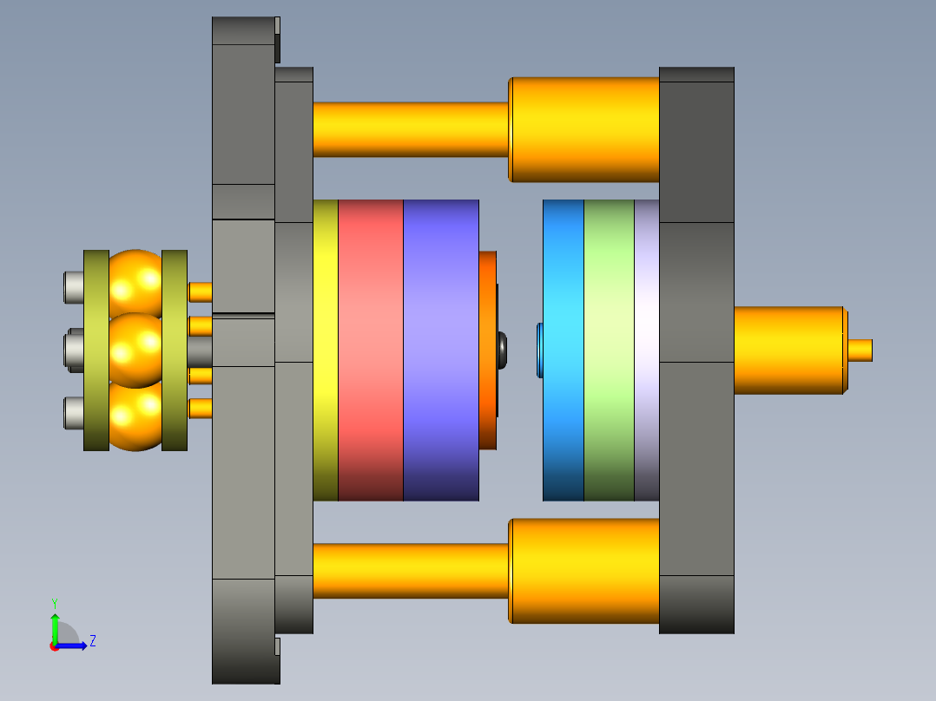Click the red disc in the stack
tap(371, 350)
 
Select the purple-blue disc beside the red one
tap(441, 350)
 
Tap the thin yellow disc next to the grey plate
tap(326, 350)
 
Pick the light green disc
tap(609, 350)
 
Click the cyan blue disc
tap(564, 350)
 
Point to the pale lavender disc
tap(647, 350)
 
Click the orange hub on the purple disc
tap(488, 350)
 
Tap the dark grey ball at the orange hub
tap(503, 350)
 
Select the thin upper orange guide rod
tap(411, 129)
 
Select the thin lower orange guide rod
tap(411, 571)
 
